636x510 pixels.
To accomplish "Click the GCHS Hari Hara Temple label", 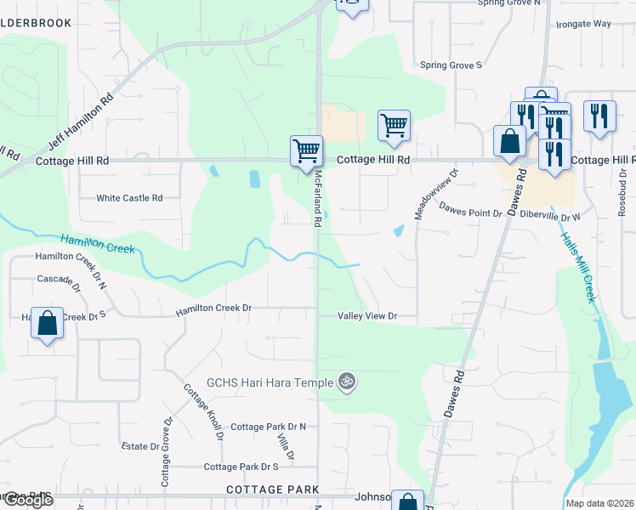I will pyautogui.click(x=270, y=382).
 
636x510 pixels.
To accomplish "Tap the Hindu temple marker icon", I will pyautogui.click(x=345, y=382).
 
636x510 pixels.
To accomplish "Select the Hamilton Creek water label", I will pyautogui.click(x=98, y=246).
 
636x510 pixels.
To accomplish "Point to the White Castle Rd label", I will pyautogui.click(x=129, y=198).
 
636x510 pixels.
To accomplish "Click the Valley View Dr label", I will pyautogui.click(x=367, y=316).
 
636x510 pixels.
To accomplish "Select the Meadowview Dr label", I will pyautogui.click(x=436, y=195).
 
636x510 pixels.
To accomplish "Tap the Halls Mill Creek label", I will pyautogui.click(x=577, y=267).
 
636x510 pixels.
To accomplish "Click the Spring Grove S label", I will pyautogui.click(x=451, y=65).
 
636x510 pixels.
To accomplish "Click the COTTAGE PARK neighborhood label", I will pyautogui.click(x=273, y=490).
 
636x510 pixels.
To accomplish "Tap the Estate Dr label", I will pyautogui.click(x=140, y=445).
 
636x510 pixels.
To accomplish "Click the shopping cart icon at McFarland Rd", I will pyautogui.click(x=306, y=151).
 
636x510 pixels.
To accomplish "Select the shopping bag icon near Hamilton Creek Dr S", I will pyautogui.click(x=48, y=323).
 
